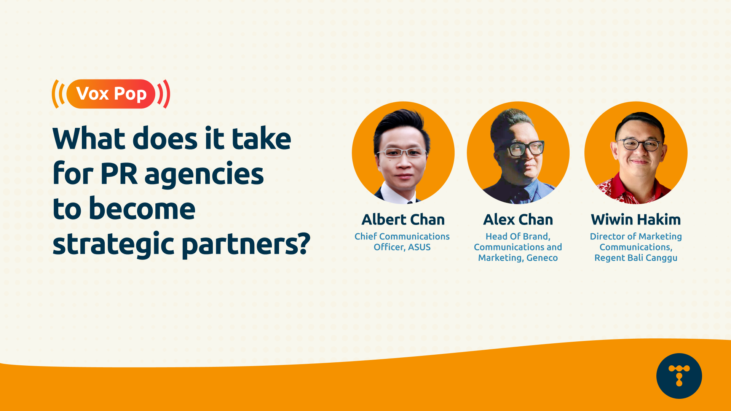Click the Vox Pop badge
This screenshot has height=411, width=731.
(111, 94)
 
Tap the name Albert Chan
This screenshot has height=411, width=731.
(403, 220)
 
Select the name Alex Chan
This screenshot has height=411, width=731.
(518, 220)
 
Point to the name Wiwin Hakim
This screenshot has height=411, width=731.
(635, 220)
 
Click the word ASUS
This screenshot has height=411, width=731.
(419, 247)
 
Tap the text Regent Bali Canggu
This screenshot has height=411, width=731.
(635, 258)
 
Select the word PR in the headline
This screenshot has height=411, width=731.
(118, 174)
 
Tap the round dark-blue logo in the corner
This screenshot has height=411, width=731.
(679, 376)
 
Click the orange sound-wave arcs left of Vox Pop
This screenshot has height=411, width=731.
(58, 94)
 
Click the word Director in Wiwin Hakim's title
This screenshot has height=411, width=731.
(607, 236)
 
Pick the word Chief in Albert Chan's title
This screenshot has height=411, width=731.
(365, 236)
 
